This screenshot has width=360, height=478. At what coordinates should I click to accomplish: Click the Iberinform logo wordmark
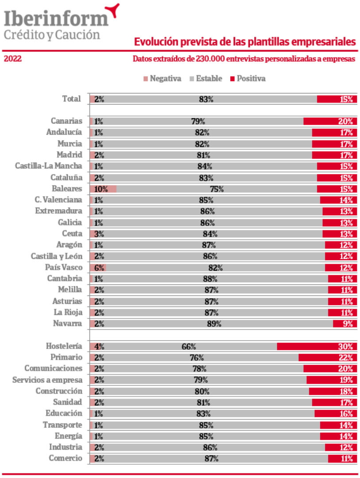pyautogui.click(x=56, y=18)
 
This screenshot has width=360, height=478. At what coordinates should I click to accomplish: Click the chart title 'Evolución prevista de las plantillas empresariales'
pyautogui.click(x=245, y=42)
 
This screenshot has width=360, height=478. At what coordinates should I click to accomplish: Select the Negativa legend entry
pyautogui.click(x=162, y=78)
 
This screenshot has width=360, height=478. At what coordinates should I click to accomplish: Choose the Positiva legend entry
pyautogui.click(x=248, y=78)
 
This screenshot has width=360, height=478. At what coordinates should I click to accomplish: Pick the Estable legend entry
pyautogui.click(x=206, y=78)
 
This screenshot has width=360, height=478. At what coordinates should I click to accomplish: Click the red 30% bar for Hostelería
pyautogui.click(x=317, y=346)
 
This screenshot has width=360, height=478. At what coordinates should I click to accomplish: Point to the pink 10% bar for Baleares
pyautogui.click(x=103, y=189)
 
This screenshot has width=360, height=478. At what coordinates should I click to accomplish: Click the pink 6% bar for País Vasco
pyautogui.click(x=98, y=268)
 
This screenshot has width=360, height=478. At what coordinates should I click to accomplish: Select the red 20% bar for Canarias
pyautogui.click(x=330, y=121)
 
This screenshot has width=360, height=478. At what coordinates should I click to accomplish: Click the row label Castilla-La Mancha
pyautogui.click(x=48, y=166)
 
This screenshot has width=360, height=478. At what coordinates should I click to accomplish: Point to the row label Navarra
pyautogui.click(x=67, y=324)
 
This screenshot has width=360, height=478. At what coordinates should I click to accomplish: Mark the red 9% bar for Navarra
pyautogui.click(x=345, y=324)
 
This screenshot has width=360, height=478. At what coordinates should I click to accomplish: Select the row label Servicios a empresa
pyautogui.click(x=47, y=380)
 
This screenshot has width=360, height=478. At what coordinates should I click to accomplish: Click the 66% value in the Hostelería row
pyautogui.click(x=189, y=346)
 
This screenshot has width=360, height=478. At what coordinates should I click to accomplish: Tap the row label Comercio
pyautogui.click(x=66, y=459)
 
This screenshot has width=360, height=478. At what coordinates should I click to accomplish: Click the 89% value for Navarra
pyautogui.click(x=214, y=324)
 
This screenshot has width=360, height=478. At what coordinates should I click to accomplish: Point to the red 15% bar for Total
pyautogui.click(x=337, y=99)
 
